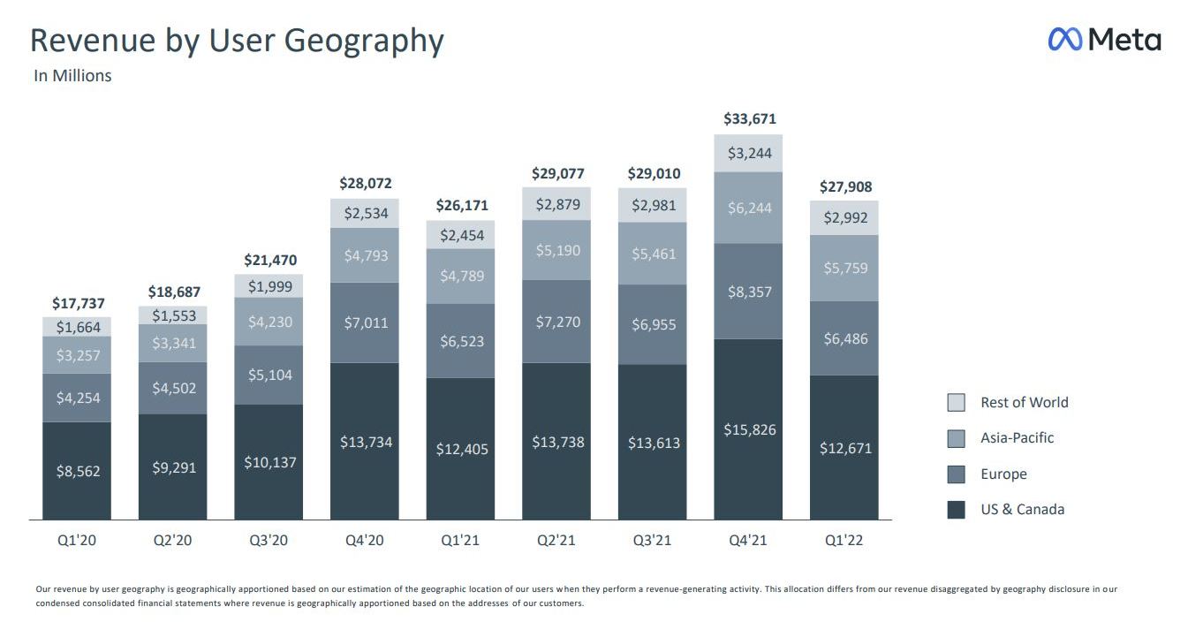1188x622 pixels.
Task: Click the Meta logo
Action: click(x=1104, y=40)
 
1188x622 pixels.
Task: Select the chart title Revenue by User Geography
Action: click(x=237, y=41)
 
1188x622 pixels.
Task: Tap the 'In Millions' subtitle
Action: click(x=72, y=76)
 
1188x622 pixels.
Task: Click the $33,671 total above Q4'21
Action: click(x=749, y=118)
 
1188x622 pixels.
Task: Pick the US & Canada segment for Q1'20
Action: click(x=77, y=471)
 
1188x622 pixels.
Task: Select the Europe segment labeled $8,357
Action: click(x=749, y=292)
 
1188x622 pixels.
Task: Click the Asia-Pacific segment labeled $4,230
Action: click(x=269, y=322)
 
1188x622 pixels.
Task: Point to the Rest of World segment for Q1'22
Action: click(x=844, y=217)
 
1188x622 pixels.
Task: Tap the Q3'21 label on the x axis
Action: click(x=653, y=540)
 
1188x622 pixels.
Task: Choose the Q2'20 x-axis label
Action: click(x=173, y=540)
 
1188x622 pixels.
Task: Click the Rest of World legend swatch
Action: click(x=956, y=403)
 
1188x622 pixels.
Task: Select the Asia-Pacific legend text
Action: click(x=1017, y=438)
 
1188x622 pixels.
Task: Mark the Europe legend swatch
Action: click(x=956, y=474)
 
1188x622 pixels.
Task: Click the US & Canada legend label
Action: click(x=1022, y=510)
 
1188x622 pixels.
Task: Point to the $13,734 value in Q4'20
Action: click(x=365, y=442)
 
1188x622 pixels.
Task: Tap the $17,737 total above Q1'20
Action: click(x=78, y=303)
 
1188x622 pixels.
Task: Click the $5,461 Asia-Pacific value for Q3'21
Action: click(x=653, y=254)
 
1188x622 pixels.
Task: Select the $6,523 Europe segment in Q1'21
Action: click(x=461, y=341)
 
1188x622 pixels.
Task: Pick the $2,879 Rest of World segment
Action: click(x=557, y=204)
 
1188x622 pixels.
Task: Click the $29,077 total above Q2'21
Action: click(x=557, y=174)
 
